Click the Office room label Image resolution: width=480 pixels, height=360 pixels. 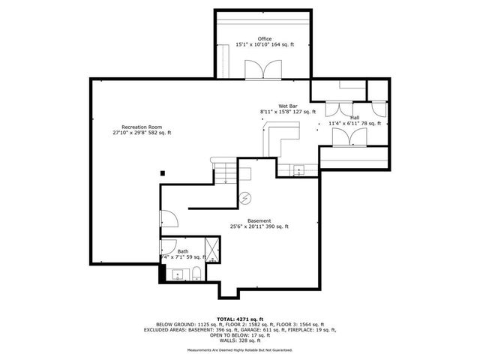pyautogui.click(x=265, y=39)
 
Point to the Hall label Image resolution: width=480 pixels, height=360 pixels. pyautogui.click(x=354, y=118)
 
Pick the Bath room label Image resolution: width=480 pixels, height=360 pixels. pyautogui.click(x=183, y=251)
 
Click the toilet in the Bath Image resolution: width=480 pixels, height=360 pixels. pyautogui.click(x=195, y=272)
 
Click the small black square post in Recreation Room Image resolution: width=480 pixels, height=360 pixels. pyautogui.click(x=163, y=172)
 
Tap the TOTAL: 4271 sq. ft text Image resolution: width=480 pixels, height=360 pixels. pyautogui.click(x=239, y=319)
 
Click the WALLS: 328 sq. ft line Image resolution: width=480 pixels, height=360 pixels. pyautogui.click(x=239, y=340)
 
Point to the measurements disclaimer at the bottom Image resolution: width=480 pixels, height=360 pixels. pyautogui.click(x=239, y=350)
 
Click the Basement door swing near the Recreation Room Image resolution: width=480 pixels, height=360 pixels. pyautogui.click(x=169, y=219)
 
